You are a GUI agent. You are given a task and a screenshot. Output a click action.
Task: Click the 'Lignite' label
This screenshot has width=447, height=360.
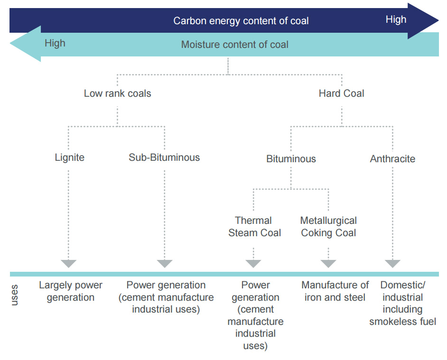point(70,157)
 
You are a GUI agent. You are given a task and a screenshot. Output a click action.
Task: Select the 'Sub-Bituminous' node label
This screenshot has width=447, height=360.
point(164,157)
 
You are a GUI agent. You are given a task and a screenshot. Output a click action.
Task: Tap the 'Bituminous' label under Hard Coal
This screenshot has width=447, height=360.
point(291,159)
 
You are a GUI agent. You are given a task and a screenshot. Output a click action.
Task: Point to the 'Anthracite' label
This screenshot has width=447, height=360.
point(392,159)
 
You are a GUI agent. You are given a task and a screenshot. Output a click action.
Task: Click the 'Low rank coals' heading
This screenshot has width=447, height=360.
point(118,93)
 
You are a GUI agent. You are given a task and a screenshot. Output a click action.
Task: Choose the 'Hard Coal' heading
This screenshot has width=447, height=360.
point(342,93)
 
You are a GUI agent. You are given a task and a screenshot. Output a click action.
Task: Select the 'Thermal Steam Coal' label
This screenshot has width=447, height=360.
point(254,227)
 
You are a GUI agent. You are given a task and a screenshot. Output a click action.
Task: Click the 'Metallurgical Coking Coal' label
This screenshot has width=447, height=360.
point(328,227)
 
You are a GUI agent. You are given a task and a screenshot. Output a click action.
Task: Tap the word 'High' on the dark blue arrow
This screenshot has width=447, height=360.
point(396,19)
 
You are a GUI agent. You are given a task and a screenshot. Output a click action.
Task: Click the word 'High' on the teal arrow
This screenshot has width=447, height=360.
point(55,43)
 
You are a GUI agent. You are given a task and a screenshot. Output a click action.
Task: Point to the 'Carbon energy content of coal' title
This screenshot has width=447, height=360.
point(241,21)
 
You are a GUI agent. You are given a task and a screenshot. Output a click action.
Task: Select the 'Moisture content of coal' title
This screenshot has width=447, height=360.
point(235,45)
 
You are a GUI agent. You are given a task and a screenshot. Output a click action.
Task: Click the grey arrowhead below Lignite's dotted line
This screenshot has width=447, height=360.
point(68,263)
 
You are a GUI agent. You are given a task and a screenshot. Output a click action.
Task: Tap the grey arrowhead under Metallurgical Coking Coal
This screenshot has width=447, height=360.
point(328,263)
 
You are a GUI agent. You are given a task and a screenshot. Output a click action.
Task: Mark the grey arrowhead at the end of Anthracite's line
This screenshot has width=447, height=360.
point(392,263)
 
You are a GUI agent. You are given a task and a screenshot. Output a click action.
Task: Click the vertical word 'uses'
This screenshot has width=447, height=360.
point(14,295)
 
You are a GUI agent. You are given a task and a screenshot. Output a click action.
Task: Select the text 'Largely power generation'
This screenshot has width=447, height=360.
point(71,291)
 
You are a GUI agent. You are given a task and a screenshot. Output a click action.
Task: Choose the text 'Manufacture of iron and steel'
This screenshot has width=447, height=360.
point(335,291)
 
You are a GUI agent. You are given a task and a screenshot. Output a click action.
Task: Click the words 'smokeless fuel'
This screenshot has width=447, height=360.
point(402,322)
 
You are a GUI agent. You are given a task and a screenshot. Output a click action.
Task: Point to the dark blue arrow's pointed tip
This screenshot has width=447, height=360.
point(438,20)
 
